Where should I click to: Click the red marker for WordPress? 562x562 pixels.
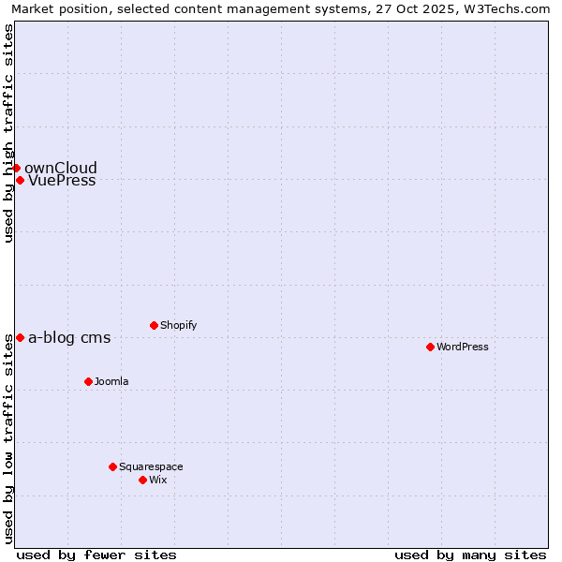click(x=430, y=347)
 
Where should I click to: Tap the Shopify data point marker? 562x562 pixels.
click(x=154, y=325)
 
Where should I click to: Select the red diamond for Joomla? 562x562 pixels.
click(x=88, y=381)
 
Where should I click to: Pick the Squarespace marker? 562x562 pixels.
click(x=112, y=466)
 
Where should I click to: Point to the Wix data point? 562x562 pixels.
click(x=142, y=480)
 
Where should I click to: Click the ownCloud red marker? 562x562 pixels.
click(x=16, y=168)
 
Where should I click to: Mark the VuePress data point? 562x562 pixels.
click(x=20, y=180)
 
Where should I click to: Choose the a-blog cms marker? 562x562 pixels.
click(x=20, y=337)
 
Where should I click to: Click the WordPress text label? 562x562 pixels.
click(x=463, y=347)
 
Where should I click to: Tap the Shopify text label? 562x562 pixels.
click(x=178, y=325)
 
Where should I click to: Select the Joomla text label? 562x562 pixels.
click(x=111, y=381)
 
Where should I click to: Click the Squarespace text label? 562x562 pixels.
click(x=151, y=466)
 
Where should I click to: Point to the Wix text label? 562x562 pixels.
click(x=157, y=480)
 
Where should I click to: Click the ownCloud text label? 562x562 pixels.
click(x=61, y=169)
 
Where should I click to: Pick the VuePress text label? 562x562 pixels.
click(x=62, y=181)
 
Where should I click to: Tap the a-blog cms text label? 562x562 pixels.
click(x=69, y=338)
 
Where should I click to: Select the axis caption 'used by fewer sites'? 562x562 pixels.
click(x=96, y=555)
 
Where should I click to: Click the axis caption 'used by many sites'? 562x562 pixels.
click(x=470, y=555)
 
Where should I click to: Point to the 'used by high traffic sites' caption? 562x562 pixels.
click(x=8, y=133)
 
